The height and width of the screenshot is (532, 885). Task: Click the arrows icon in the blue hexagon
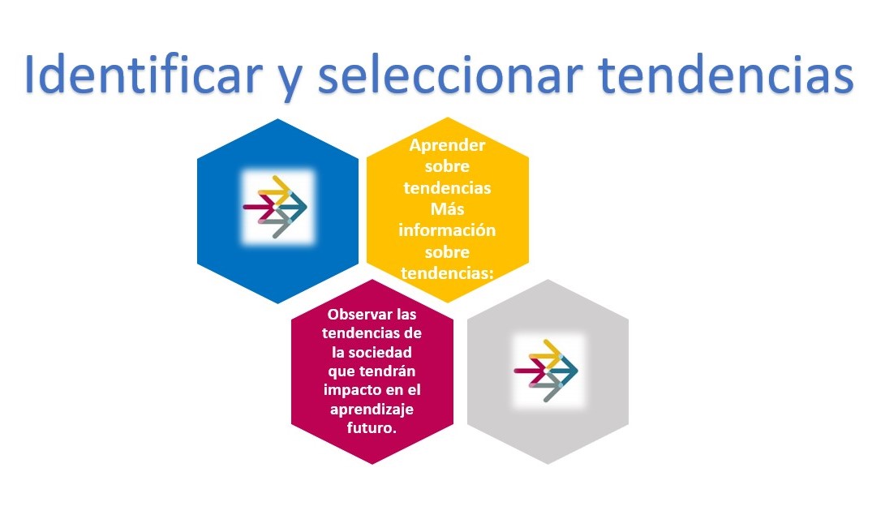pyautogui.click(x=275, y=207)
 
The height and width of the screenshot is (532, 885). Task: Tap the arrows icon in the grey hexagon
pyautogui.click(x=546, y=371)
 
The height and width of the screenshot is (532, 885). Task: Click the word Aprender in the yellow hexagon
pyautogui.click(x=447, y=145)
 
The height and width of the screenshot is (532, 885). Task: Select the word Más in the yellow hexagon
pyautogui.click(x=447, y=208)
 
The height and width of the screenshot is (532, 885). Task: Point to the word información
pyautogui.click(x=447, y=230)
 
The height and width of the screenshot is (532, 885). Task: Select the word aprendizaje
pyautogui.click(x=372, y=410)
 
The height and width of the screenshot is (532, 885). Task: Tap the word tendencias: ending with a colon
pyautogui.click(x=447, y=273)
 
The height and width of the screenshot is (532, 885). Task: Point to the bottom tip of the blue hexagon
pyautogui.click(x=277, y=303)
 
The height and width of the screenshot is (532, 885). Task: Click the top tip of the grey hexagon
pyautogui.click(x=548, y=279)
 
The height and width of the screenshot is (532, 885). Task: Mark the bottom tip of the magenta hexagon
pyautogui.click(x=372, y=465)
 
